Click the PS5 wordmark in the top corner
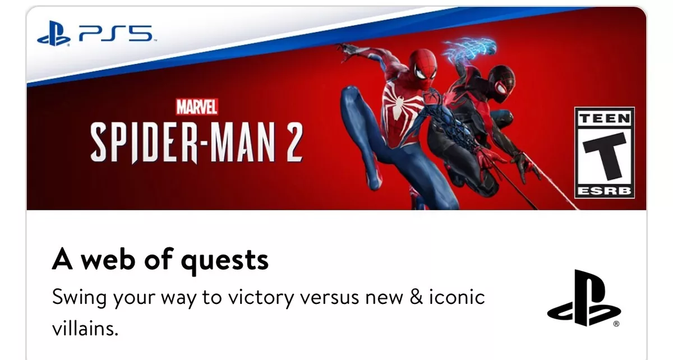116,33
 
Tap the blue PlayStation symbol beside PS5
54,33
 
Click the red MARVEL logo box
197,107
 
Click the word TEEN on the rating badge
605,118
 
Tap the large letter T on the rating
605,156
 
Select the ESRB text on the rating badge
605,191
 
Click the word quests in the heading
225,261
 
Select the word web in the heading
108,259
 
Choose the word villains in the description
85,328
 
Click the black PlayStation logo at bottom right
584,298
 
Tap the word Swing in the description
79,298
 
